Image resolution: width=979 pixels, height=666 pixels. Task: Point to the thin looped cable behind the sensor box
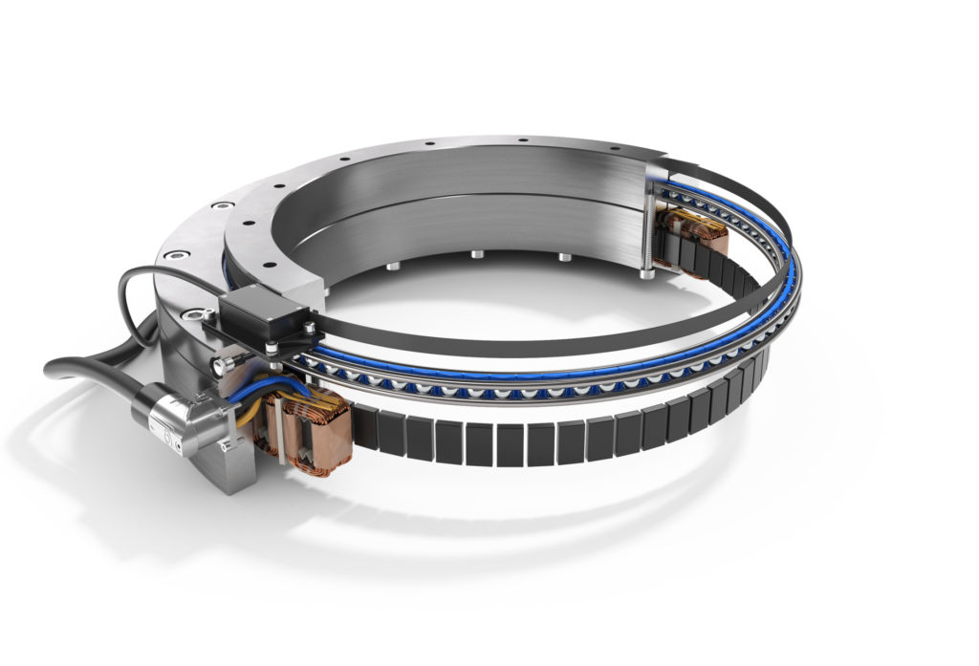pyautogui.click(x=143, y=287)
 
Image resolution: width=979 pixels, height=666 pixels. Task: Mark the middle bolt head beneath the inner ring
pyautogui.click(x=475, y=256)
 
